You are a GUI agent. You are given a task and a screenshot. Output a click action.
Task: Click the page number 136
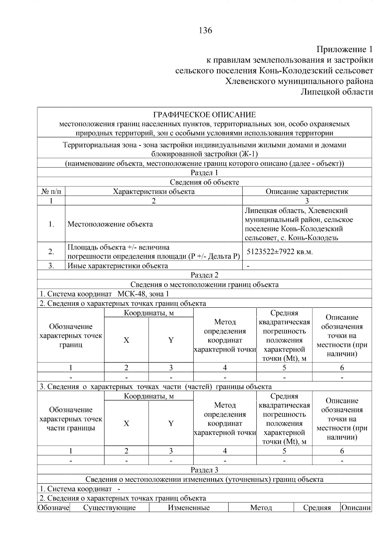pyautogui.click(x=205, y=30)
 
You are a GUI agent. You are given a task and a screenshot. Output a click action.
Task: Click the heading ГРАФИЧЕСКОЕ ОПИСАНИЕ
pyautogui.click(x=204, y=115)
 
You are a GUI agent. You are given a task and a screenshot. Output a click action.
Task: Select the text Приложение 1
pyautogui.click(x=344, y=49)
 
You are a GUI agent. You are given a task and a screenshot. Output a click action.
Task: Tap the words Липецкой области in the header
pyautogui.click(x=336, y=92)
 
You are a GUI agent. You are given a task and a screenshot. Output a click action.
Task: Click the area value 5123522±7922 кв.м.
pyautogui.click(x=280, y=251)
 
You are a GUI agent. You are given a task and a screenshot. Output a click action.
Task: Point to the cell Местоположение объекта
pyautogui.click(x=110, y=224)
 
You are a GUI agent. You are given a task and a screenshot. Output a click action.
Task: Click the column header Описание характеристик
pyautogui.click(x=307, y=191)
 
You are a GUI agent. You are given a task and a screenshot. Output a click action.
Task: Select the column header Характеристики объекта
pyautogui.click(x=154, y=191)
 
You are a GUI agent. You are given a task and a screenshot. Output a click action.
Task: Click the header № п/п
pyautogui.click(x=51, y=191)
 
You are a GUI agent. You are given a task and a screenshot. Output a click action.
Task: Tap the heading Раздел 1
pyautogui.click(x=204, y=173)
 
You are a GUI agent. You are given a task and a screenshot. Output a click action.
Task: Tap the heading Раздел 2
pyautogui.click(x=204, y=275)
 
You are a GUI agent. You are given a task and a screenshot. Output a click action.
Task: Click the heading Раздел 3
pyautogui.click(x=204, y=470)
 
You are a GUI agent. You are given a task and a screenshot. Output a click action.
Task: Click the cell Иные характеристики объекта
pyautogui.click(x=118, y=266)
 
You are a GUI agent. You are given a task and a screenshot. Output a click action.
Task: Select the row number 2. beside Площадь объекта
pyautogui.click(x=51, y=251)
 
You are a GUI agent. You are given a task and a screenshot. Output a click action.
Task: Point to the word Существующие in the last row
pyautogui.click(x=109, y=508)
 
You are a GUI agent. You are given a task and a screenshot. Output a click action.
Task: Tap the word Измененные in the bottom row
pyautogui.click(x=188, y=508)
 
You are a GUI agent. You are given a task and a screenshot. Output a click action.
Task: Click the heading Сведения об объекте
pyautogui.click(x=204, y=182)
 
